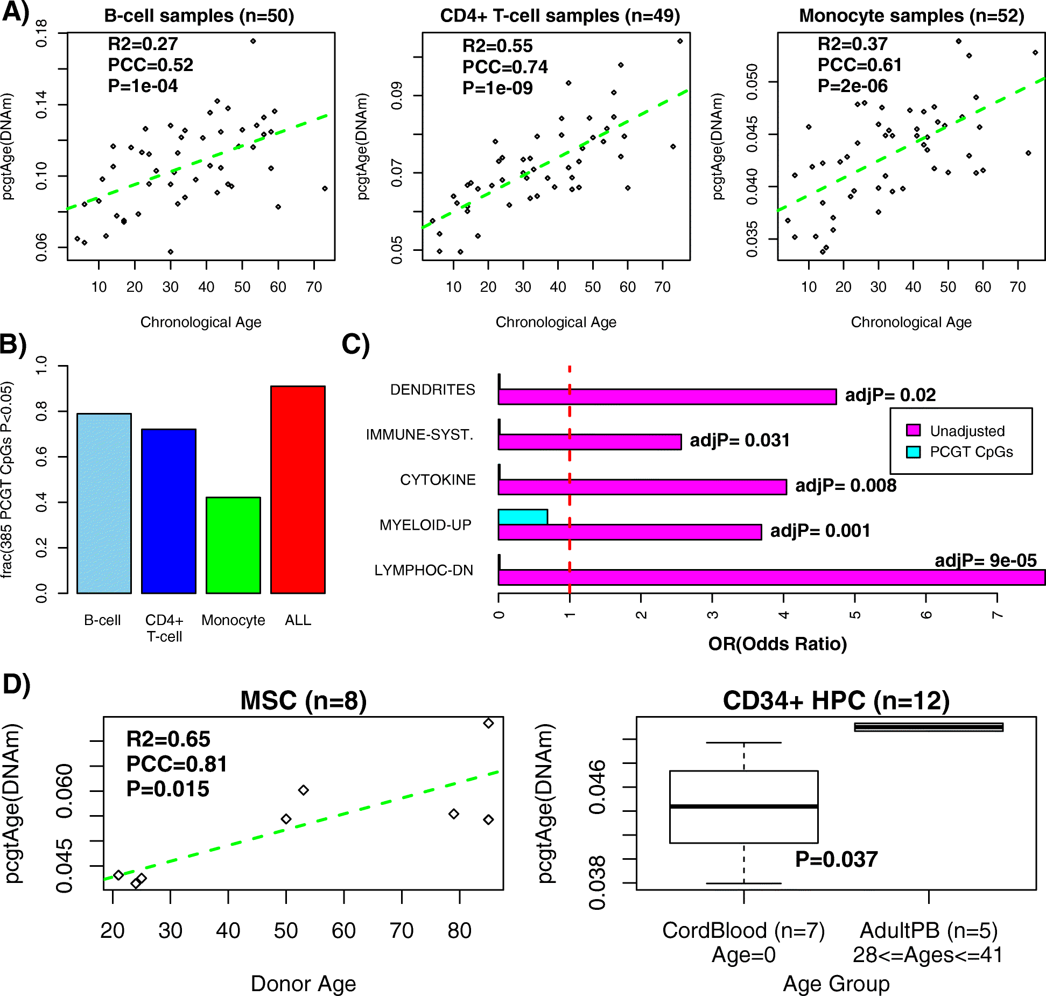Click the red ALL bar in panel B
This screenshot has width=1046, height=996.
pyautogui.click(x=298, y=489)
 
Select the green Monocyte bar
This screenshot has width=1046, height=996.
pyautogui.click(x=233, y=545)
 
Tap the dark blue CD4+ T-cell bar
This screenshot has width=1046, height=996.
pyautogui.click(x=169, y=511)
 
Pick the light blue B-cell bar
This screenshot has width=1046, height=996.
pyautogui.click(x=104, y=503)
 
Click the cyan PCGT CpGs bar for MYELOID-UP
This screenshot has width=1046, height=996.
pyautogui.click(x=523, y=517)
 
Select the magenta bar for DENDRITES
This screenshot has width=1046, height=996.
pyautogui.click(x=667, y=397)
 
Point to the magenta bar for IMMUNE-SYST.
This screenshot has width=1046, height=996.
pyautogui.click(x=589, y=442)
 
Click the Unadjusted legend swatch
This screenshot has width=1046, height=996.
pyautogui.click(x=913, y=430)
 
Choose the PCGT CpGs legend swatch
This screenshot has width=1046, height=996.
pyautogui.click(x=913, y=452)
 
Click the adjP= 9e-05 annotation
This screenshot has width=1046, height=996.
pyautogui.click(x=985, y=560)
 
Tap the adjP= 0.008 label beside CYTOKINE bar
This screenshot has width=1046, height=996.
pyautogui.click(x=846, y=486)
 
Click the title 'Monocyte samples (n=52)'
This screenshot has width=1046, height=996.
pyautogui.click(x=911, y=16)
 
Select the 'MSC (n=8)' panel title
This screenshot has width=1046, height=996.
pyautogui.click(x=303, y=700)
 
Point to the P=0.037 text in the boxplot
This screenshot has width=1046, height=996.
pyautogui.click(x=836, y=859)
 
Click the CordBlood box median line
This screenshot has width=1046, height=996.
pyautogui.click(x=743, y=806)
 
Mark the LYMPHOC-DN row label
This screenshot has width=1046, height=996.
pyautogui.click(x=424, y=570)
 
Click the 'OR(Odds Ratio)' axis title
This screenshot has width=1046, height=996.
pyautogui.click(x=777, y=643)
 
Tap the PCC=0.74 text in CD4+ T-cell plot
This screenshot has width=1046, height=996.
pyautogui.click(x=504, y=67)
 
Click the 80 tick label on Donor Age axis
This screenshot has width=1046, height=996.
pyautogui.click(x=459, y=930)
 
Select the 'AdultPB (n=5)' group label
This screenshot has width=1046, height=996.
pyautogui.click(x=929, y=930)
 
